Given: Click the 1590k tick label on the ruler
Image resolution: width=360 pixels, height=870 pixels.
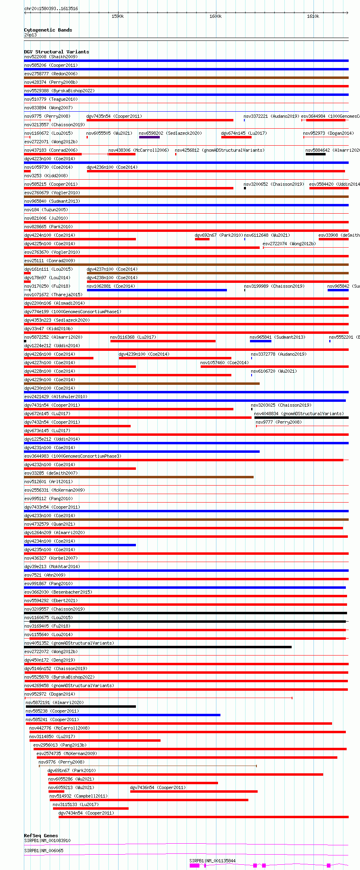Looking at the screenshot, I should [x=117, y=16].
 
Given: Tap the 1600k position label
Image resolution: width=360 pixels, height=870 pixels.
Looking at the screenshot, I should [x=216, y=16].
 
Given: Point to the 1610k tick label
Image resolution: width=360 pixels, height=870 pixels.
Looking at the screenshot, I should [x=313, y=16].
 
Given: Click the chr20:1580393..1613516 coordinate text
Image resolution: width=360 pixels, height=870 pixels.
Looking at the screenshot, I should [x=51, y=8].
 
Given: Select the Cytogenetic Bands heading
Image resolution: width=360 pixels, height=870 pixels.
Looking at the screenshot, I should [x=48, y=30].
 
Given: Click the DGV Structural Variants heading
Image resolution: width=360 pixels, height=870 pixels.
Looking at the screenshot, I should [x=56, y=52].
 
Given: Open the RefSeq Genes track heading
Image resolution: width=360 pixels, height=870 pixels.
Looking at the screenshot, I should [x=41, y=836].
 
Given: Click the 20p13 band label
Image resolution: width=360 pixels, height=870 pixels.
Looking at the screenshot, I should [x=30, y=35].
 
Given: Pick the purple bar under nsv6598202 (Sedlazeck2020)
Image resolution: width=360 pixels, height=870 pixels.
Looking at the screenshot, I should [x=149, y=137].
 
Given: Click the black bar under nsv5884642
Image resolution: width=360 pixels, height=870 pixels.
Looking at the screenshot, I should [x=316, y=154].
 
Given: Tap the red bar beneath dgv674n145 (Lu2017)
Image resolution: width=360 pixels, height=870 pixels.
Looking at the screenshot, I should [x=236, y=137].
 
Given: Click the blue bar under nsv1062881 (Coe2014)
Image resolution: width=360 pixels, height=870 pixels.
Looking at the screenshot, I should [x=157, y=290].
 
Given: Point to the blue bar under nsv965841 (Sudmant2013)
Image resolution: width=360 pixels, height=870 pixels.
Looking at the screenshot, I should [x=260, y=341].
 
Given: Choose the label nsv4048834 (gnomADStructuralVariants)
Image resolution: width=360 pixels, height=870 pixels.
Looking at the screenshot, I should [x=299, y=414].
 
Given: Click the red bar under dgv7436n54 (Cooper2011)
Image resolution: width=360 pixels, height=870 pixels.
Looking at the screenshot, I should [x=193, y=791].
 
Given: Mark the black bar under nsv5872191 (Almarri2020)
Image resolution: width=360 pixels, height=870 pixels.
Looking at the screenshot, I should [x=81, y=707].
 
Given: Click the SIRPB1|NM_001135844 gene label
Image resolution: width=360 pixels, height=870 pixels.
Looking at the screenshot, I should [x=212, y=861].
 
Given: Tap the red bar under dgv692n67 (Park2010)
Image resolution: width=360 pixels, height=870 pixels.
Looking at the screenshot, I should [x=202, y=239].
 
